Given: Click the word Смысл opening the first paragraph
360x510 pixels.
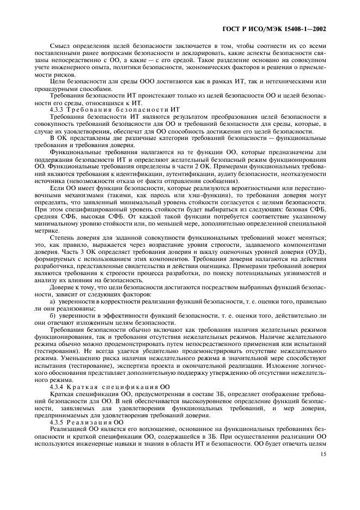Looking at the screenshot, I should point(60,46).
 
